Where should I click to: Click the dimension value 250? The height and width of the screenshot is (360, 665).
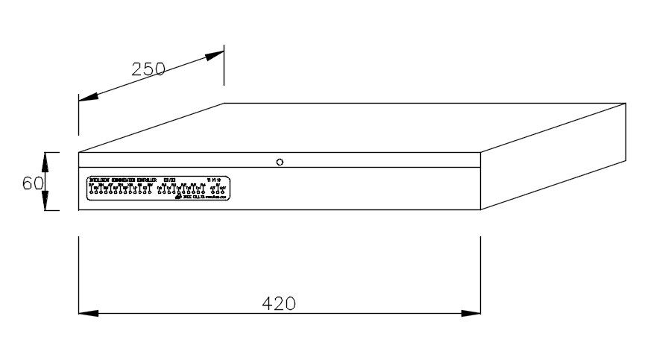(148, 69)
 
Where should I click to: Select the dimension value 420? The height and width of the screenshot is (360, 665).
(279, 303)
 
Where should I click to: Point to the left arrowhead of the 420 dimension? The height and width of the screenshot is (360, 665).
(88, 313)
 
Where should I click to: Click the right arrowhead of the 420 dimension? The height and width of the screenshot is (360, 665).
(471, 313)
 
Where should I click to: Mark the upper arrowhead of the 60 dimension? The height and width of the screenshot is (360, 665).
(45, 161)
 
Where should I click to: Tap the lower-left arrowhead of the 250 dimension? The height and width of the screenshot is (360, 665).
(88, 96)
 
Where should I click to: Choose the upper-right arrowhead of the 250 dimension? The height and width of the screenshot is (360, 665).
(215, 54)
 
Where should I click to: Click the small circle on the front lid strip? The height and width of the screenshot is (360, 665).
(280, 161)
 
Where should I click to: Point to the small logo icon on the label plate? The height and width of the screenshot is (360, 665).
(177, 197)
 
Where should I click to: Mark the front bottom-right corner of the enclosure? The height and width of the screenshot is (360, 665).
(480, 210)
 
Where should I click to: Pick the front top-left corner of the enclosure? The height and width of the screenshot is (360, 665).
(78, 152)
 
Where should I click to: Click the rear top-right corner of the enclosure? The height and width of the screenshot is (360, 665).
(625, 104)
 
